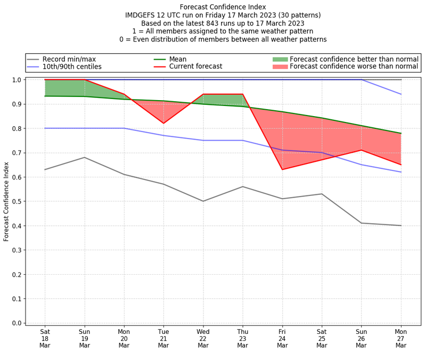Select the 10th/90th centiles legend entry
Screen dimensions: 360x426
72,67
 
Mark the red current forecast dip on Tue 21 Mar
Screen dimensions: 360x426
163,124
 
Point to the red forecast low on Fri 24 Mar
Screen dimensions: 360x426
282,169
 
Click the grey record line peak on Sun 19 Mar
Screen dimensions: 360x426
85,157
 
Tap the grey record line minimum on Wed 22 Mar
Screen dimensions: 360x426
203,201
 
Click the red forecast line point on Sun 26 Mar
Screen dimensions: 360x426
362,150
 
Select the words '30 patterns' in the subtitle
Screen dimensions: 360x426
297,15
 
